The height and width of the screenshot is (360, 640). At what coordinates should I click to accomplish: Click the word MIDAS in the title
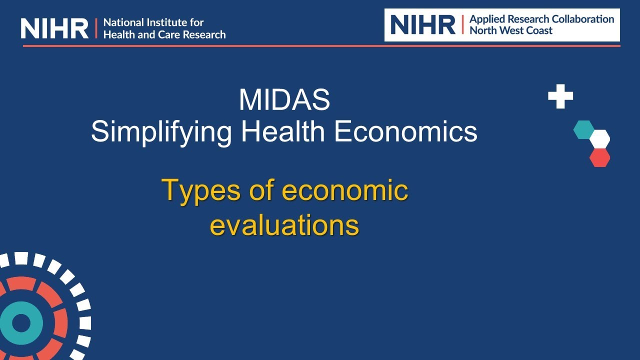pos(284,100)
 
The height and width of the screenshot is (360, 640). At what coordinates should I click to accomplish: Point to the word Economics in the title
pos(405,132)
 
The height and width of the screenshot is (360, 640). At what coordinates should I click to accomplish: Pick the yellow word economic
pos(345,190)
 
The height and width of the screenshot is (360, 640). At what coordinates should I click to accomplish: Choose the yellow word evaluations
pos(284,225)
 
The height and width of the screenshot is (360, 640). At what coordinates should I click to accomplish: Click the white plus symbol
pos(560,96)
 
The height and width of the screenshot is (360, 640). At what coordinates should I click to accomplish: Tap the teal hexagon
pos(583,129)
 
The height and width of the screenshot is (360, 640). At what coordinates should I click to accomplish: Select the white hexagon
pos(599,138)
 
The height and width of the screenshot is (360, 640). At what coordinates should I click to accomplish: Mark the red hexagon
pos(599,157)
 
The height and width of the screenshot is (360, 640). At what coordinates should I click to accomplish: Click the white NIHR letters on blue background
pos(54,28)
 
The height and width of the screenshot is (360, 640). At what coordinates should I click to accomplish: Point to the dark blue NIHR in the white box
pos(422,24)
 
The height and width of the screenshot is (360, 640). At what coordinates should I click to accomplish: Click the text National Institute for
pos(153,22)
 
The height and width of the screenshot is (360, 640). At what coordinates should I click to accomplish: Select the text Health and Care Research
pos(164,34)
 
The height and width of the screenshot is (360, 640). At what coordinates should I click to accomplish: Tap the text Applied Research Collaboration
pos(541,19)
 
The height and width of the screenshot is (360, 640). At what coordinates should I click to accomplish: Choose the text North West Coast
pos(511,30)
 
